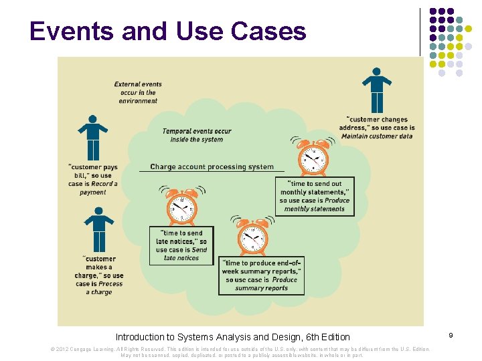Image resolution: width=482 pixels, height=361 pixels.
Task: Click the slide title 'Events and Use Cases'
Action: (x=167, y=31)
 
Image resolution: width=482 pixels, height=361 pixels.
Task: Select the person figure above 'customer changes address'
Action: (x=377, y=90)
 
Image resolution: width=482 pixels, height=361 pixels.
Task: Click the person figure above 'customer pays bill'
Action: (x=93, y=138)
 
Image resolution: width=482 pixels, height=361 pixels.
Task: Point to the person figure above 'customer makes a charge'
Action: (x=98, y=230)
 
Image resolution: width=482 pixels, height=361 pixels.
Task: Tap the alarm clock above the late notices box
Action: (x=181, y=205)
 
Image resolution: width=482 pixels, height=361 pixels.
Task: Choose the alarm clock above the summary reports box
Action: (x=253, y=237)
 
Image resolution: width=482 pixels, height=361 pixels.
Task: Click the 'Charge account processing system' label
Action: (x=212, y=167)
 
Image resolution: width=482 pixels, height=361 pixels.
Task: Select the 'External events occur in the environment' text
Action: (x=138, y=93)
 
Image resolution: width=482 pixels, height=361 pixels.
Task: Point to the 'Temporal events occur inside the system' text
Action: (x=197, y=135)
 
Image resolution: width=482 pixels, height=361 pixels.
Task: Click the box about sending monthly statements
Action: (x=315, y=196)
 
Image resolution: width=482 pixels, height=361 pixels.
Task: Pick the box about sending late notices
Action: (x=181, y=245)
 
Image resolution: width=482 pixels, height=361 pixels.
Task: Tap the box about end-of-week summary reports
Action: (x=261, y=276)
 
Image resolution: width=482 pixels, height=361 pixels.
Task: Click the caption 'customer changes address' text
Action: (x=378, y=128)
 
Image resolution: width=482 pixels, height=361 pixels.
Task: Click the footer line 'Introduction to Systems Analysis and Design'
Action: (x=232, y=337)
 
